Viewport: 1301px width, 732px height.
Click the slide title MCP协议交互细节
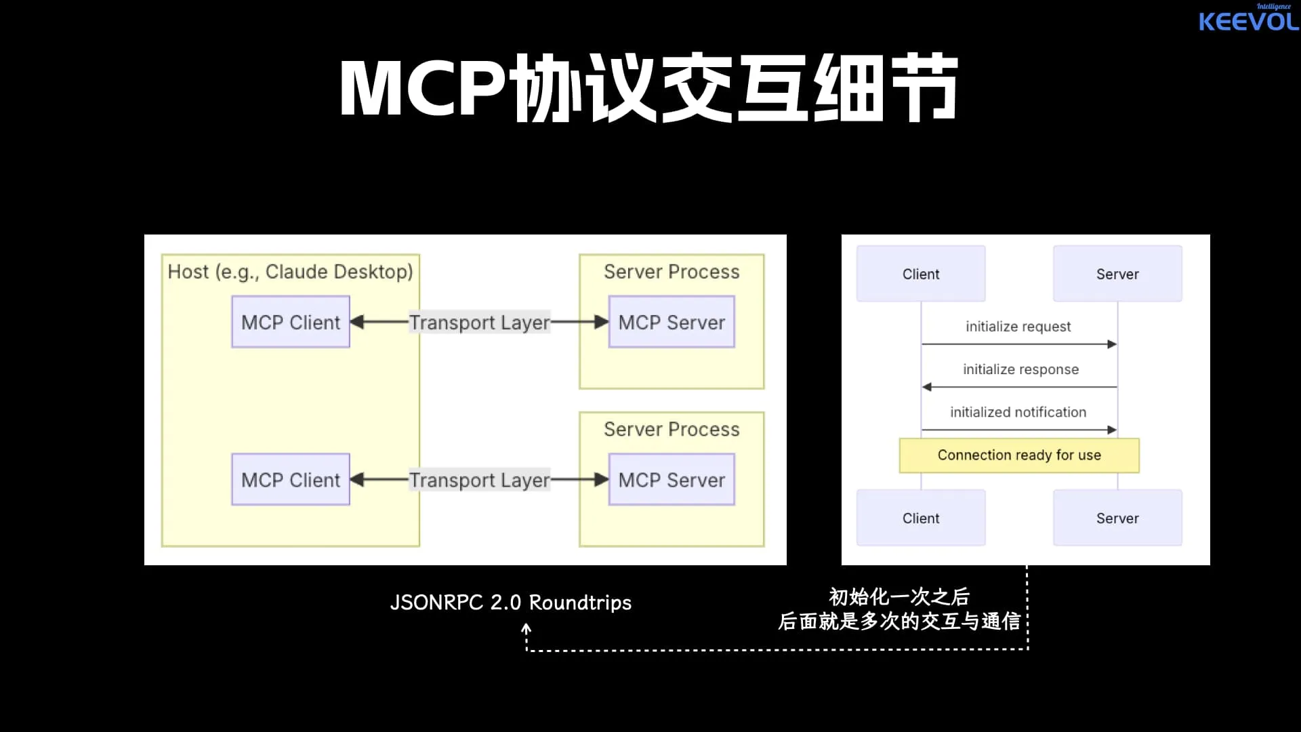tap(648, 89)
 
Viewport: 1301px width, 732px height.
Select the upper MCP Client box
tap(291, 322)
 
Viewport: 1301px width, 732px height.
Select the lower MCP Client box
tap(291, 480)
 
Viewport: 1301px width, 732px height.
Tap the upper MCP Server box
tap(672, 322)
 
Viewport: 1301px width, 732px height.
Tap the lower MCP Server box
tap(672, 480)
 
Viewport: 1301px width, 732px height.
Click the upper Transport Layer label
tap(479, 323)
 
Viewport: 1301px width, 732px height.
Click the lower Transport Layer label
tap(479, 481)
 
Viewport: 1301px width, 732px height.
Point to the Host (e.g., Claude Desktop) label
tap(290, 272)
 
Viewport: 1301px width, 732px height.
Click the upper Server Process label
tap(672, 272)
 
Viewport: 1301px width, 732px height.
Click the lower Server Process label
tap(672, 430)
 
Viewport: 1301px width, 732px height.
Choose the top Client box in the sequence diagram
tap(921, 274)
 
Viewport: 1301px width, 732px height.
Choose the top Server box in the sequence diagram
tap(1117, 274)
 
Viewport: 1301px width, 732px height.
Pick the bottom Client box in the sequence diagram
tap(921, 518)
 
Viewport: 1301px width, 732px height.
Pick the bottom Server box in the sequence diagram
tap(1117, 518)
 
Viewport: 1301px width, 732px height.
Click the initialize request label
tap(1018, 327)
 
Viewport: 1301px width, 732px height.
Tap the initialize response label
tap(1020, 369)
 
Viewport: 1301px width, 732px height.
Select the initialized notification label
tap(1018, 412)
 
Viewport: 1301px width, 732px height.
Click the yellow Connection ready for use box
tap(1019, 455)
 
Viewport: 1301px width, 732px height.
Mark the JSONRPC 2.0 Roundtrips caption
tap(511, 603)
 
